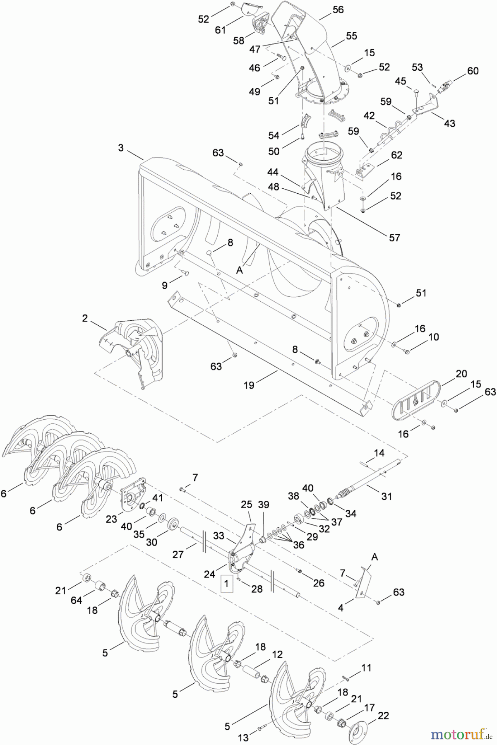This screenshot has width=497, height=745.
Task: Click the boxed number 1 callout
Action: click(226, 582)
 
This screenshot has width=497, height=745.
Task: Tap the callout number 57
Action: click(394, 237)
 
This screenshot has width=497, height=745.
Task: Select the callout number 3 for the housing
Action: click(120, 148)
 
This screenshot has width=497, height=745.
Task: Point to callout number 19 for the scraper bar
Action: click(249, 385)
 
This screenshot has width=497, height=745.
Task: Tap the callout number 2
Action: click(85, 318)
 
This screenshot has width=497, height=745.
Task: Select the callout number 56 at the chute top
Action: click(338, 10)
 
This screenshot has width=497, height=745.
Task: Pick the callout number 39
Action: click(264, 505)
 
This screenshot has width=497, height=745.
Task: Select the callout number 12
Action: click(277, 654)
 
